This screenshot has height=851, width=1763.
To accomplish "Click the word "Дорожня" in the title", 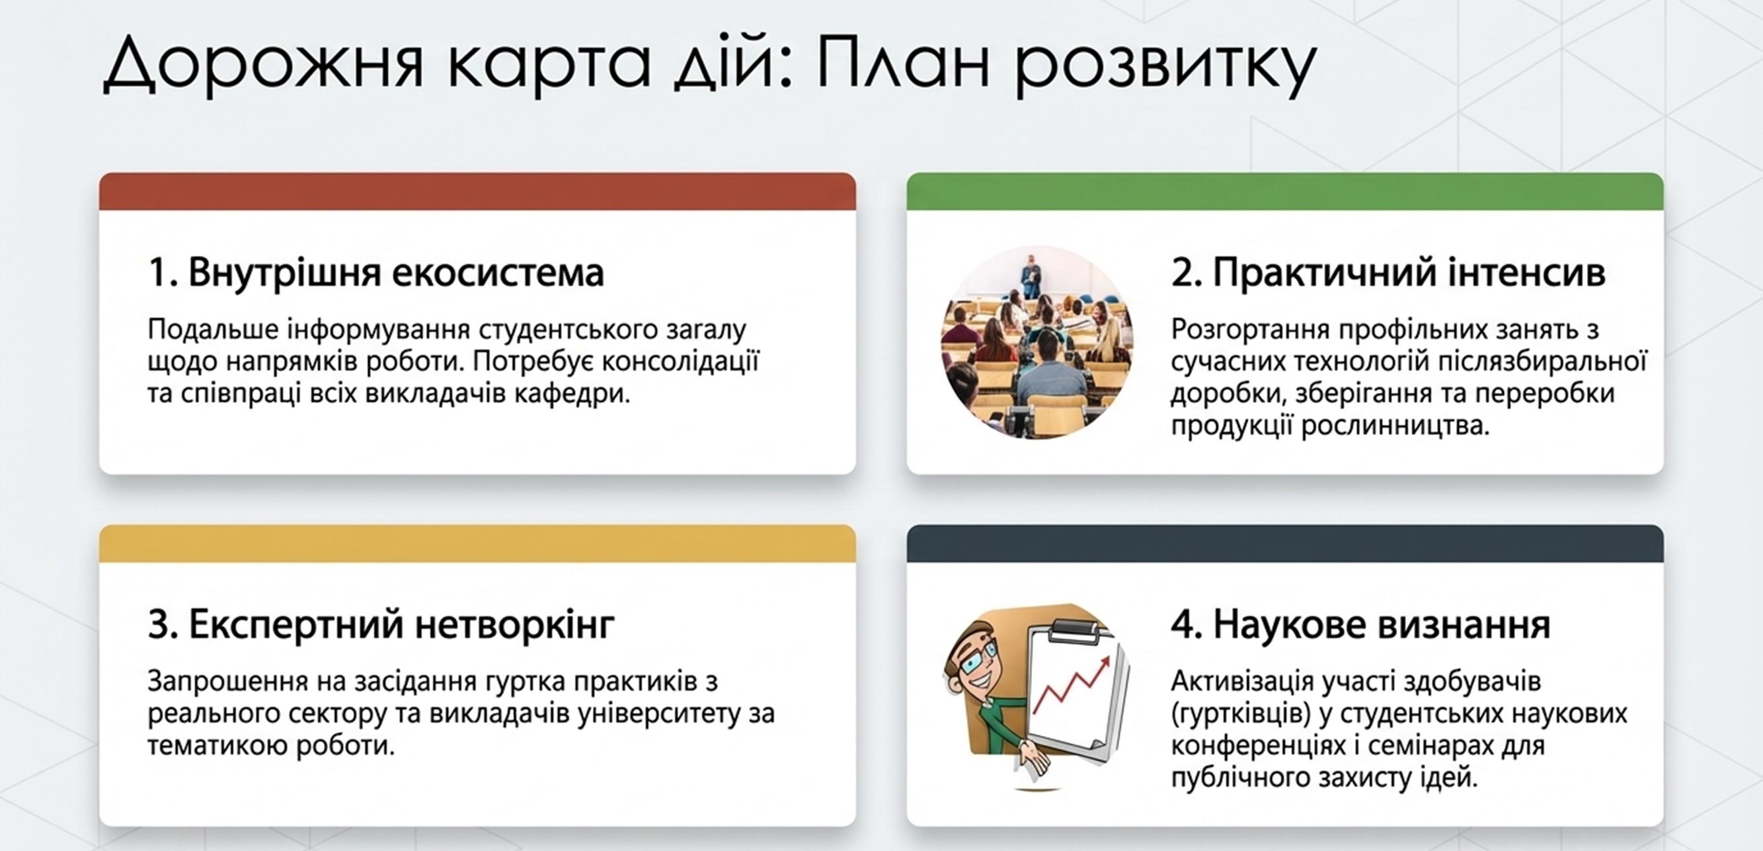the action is [x=264, y=63].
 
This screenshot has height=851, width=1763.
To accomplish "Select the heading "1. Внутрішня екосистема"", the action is [x=375, y=272].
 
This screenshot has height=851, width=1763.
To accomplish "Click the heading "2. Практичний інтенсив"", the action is [x=1388, y=272].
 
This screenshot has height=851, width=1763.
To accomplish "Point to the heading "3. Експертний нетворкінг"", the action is [x=381, y=624].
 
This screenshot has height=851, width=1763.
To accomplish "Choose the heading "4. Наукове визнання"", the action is [x=1360, y=624].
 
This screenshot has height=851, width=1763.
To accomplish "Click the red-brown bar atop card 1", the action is [x=477, y=192].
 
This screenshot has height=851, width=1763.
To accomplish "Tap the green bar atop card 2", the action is [x=1284, y=192].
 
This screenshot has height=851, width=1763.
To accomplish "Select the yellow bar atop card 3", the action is [x=477, y=544].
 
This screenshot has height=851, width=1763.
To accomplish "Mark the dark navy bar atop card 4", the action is [x=1284, y=544].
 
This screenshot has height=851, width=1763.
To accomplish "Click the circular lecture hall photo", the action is [x=1037, y=342].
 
